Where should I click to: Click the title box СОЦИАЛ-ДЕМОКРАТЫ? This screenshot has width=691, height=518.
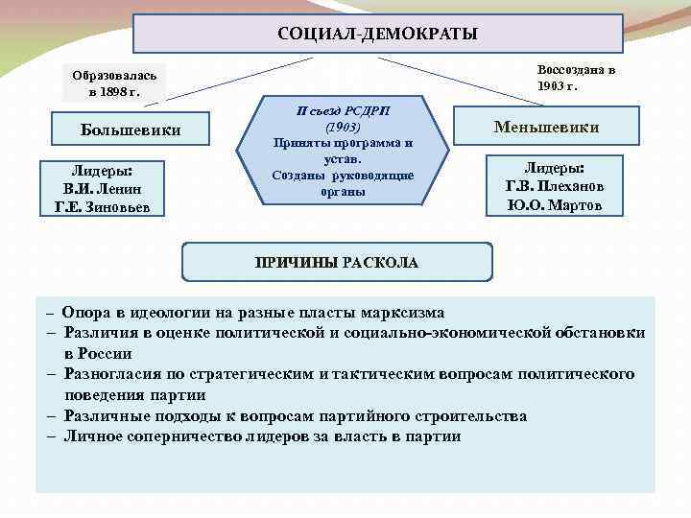377,35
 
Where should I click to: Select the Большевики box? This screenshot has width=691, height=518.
131,129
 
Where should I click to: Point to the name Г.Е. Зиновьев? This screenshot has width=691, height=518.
104,206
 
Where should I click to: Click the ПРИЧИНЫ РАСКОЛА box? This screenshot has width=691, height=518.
337,262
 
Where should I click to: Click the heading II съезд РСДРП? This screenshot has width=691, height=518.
343,111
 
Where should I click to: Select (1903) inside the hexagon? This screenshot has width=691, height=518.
342,128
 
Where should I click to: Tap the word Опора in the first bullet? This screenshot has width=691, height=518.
84,313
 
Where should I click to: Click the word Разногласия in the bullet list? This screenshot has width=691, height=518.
112,374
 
